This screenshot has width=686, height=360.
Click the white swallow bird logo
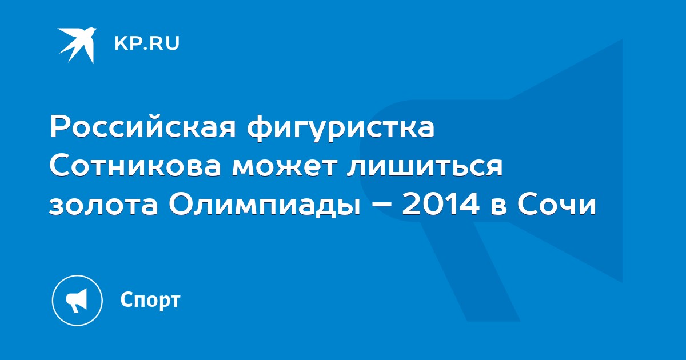[x=77, y=45]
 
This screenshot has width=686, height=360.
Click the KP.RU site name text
[x=147, y=43]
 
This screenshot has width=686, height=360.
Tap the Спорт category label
[x=150, y=300]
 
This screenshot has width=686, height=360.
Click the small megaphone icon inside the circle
[x=77, y=300]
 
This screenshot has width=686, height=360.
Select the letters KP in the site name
[x=127, y=43]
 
